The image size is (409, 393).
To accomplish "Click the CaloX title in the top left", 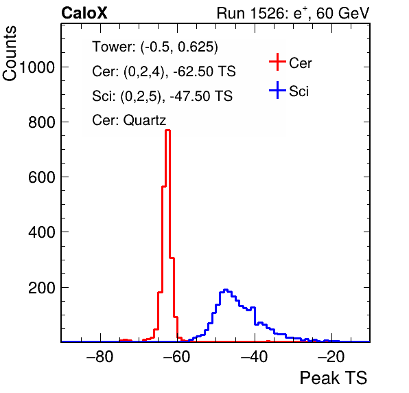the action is tap(84, 13).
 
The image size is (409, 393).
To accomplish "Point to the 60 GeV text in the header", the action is tap(342, 13).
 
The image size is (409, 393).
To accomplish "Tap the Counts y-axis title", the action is tap(10, 54).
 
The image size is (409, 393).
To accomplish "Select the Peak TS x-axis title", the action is tap(334, 378).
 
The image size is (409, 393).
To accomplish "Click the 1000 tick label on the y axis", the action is tap(37, 67).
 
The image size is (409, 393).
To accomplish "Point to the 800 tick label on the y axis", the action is tap(42, 122).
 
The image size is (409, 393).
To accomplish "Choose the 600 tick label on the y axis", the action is tap(42, 177).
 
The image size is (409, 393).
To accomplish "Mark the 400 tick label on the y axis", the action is tap(42, 232).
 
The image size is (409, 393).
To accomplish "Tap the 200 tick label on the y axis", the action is tap(42, 288).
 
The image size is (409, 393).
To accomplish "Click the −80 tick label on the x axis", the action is tap(100, 357).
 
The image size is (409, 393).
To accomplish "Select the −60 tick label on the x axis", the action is tap(177, 357).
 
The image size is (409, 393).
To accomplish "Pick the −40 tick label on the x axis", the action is tap(254, 357).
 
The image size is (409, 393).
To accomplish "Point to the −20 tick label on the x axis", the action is tap(331, 357).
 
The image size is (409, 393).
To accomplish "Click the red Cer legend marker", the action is tap(277, 62).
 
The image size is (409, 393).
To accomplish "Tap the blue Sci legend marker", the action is tap(277, 90).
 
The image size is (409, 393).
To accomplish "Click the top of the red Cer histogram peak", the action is tap(168, 130).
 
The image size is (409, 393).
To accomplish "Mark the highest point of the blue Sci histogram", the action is tap(226, 289).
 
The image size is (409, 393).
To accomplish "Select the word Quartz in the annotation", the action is tap(145, 120).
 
